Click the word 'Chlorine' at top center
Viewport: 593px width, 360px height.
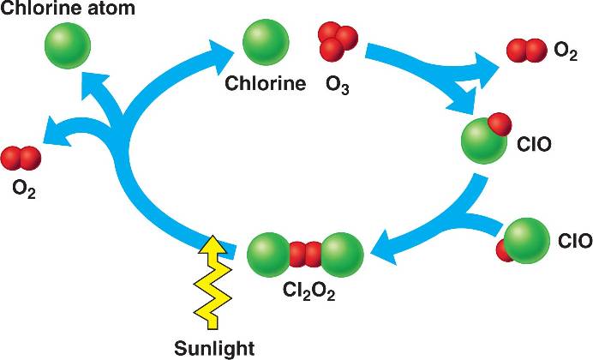click(266, 84)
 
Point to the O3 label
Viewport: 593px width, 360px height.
click(338, 85)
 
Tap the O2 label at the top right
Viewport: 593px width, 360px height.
click(566, 52)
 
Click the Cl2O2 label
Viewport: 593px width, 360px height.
click(309, 291)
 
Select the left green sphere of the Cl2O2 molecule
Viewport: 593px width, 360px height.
click(273, 255)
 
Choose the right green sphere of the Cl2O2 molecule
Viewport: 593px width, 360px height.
click(340, 255)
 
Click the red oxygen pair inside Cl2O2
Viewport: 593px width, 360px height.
click(306, 255)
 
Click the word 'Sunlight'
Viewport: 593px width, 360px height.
click(213, 348)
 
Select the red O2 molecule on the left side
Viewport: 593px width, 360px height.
click(21, 158)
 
